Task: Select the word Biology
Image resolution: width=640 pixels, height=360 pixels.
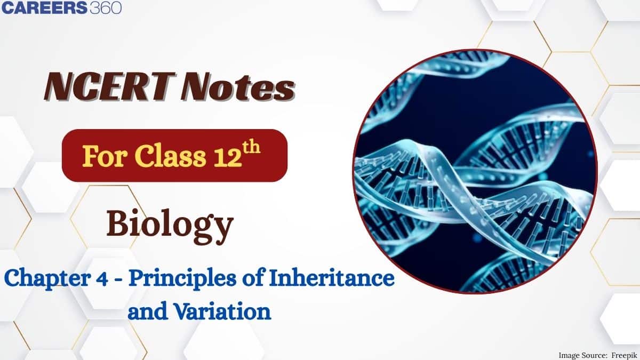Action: tap(170, 225)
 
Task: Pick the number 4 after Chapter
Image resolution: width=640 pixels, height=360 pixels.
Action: tap(98, 279)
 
